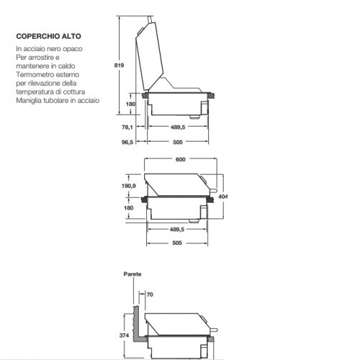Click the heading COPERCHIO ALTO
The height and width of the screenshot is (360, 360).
(48, 36)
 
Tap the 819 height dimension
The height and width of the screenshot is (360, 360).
(119, 66)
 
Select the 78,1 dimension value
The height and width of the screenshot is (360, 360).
(127, 127)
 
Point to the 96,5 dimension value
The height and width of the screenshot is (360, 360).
(127, 142)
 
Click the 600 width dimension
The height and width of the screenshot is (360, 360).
(180, 159)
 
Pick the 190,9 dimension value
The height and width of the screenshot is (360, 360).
(129, 186)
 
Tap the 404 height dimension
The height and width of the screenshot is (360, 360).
(223, 197)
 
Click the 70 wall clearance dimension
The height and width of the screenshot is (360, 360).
(150, 294)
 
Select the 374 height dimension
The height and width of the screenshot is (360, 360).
(124, 336)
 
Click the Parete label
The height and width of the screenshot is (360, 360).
(132, 274)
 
